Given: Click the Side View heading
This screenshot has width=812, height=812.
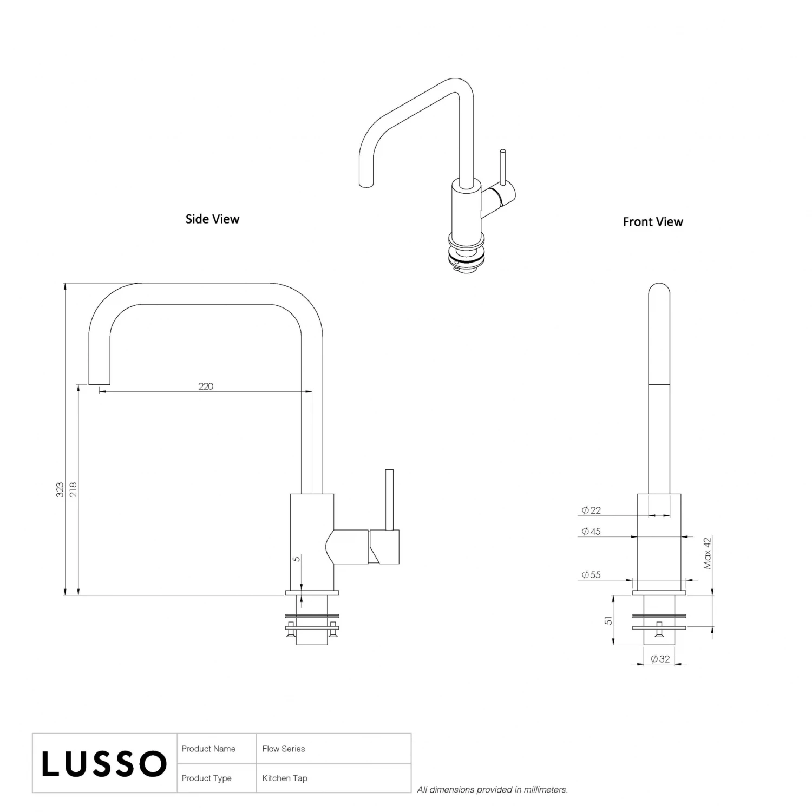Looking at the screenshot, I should (x=212, y=219).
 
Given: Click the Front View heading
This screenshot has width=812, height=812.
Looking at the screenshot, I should (x=653, y=222).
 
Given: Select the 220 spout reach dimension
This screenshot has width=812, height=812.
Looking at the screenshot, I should (x=206, y=386).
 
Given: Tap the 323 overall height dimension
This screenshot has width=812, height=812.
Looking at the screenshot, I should (x=60, y=489).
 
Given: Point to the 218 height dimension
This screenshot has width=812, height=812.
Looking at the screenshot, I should (x=74, y=489).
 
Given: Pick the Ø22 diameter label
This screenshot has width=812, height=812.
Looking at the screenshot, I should (x=591, y=510).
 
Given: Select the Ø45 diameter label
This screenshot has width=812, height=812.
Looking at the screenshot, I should (x=591, y=532).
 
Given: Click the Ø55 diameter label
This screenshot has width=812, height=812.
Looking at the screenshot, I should (x=591, y=575).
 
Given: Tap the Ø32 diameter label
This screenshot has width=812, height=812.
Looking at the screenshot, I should (x=660, y=659).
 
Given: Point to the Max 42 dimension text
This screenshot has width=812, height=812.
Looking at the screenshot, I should (x=708, y=553).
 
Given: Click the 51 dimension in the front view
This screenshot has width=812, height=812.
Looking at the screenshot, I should (x=608, y=620).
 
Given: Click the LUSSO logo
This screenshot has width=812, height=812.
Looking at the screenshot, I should (x=104, y=764).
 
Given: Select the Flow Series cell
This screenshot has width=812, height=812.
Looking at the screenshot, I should (x=284, y=749).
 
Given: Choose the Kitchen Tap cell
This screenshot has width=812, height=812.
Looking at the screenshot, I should (x=285, y=778).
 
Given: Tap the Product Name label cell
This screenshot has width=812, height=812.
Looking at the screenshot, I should (x=208, y=749).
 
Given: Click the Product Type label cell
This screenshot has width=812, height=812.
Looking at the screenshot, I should (x=207, y=778).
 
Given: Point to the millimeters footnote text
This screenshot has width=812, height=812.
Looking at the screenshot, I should (x=492, y=790).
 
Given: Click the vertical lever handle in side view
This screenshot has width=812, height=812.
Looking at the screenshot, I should (x=389, y=499).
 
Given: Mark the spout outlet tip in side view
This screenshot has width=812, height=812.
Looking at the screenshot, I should (x=99, y=381).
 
